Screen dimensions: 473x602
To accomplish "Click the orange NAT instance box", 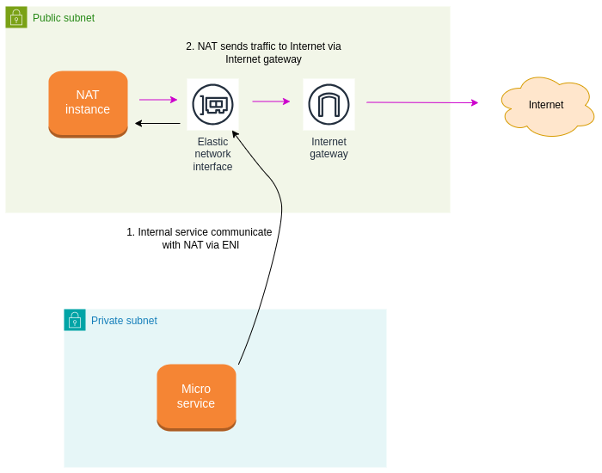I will click(88, 103).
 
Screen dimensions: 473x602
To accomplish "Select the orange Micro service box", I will click(196, 396).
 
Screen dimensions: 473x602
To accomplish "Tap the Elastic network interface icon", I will click(212, 104).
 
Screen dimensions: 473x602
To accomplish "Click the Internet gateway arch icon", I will click(329, 104).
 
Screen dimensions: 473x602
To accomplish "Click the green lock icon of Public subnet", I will click(16, 17).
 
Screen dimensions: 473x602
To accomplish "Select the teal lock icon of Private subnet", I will click(75, 320).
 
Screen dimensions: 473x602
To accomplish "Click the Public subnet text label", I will click(64, 18).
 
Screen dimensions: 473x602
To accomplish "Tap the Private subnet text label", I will click(124, 321).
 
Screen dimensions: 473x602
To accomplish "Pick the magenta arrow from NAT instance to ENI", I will click(157, 100).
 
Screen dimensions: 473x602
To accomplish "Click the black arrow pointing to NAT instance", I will click(157, 123).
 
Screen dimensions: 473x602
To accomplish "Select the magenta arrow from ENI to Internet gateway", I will click(270, 101).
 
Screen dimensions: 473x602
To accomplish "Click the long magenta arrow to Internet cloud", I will click(421, 102).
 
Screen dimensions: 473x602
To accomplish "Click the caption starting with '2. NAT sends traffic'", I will click(263, 52).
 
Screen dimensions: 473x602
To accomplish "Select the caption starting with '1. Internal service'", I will click(200, 238).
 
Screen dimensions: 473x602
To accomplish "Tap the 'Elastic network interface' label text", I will click(212, 154).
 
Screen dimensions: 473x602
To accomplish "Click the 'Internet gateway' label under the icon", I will click(329, 148).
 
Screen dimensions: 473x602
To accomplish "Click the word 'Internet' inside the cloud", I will click(546, 105).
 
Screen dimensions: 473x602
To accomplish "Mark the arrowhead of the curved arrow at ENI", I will click(235, 134).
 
